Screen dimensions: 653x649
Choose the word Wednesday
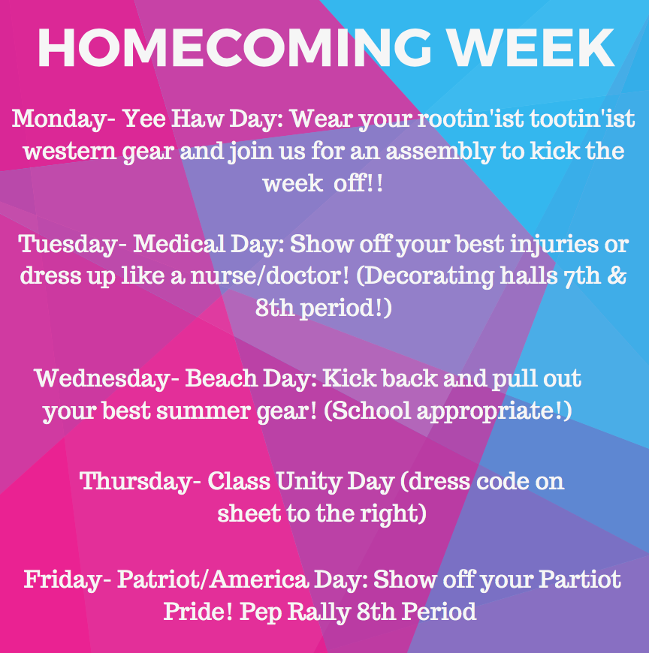pos(102,378)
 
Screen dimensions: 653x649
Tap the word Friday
pos(62,580)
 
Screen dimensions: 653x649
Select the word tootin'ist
pos(584,119)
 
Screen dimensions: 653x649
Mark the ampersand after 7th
pos(616,277)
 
